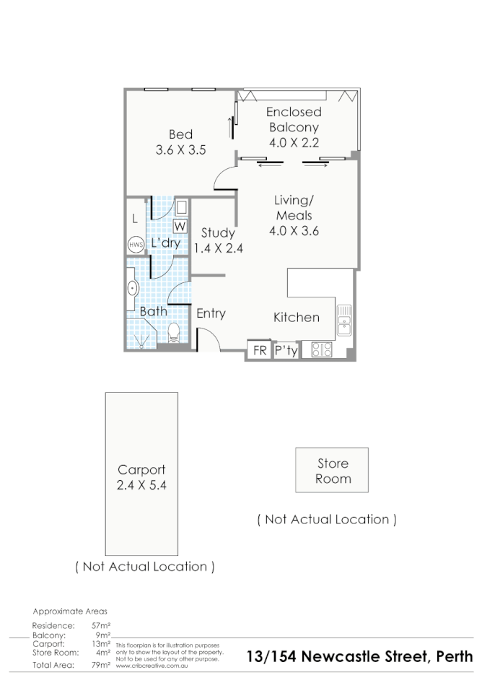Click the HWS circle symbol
(136, 244)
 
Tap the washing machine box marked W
(180, 226)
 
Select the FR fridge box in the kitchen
(260, 350)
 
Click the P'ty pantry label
(286, 351)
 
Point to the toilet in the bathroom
(174, 333)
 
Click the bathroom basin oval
(133, 288)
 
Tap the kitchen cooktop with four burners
(322, 349)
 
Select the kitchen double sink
(344, 320)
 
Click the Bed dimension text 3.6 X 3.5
(180, 150)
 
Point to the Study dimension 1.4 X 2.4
(218, 248)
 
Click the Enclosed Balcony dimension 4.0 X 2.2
(294, 142)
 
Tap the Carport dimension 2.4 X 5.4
(141, 484)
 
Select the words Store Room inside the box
(333, 471)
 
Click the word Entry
(211, 313)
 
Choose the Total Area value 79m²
(101, 665)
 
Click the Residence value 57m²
(101, 625)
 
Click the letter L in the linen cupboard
(135, 219)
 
